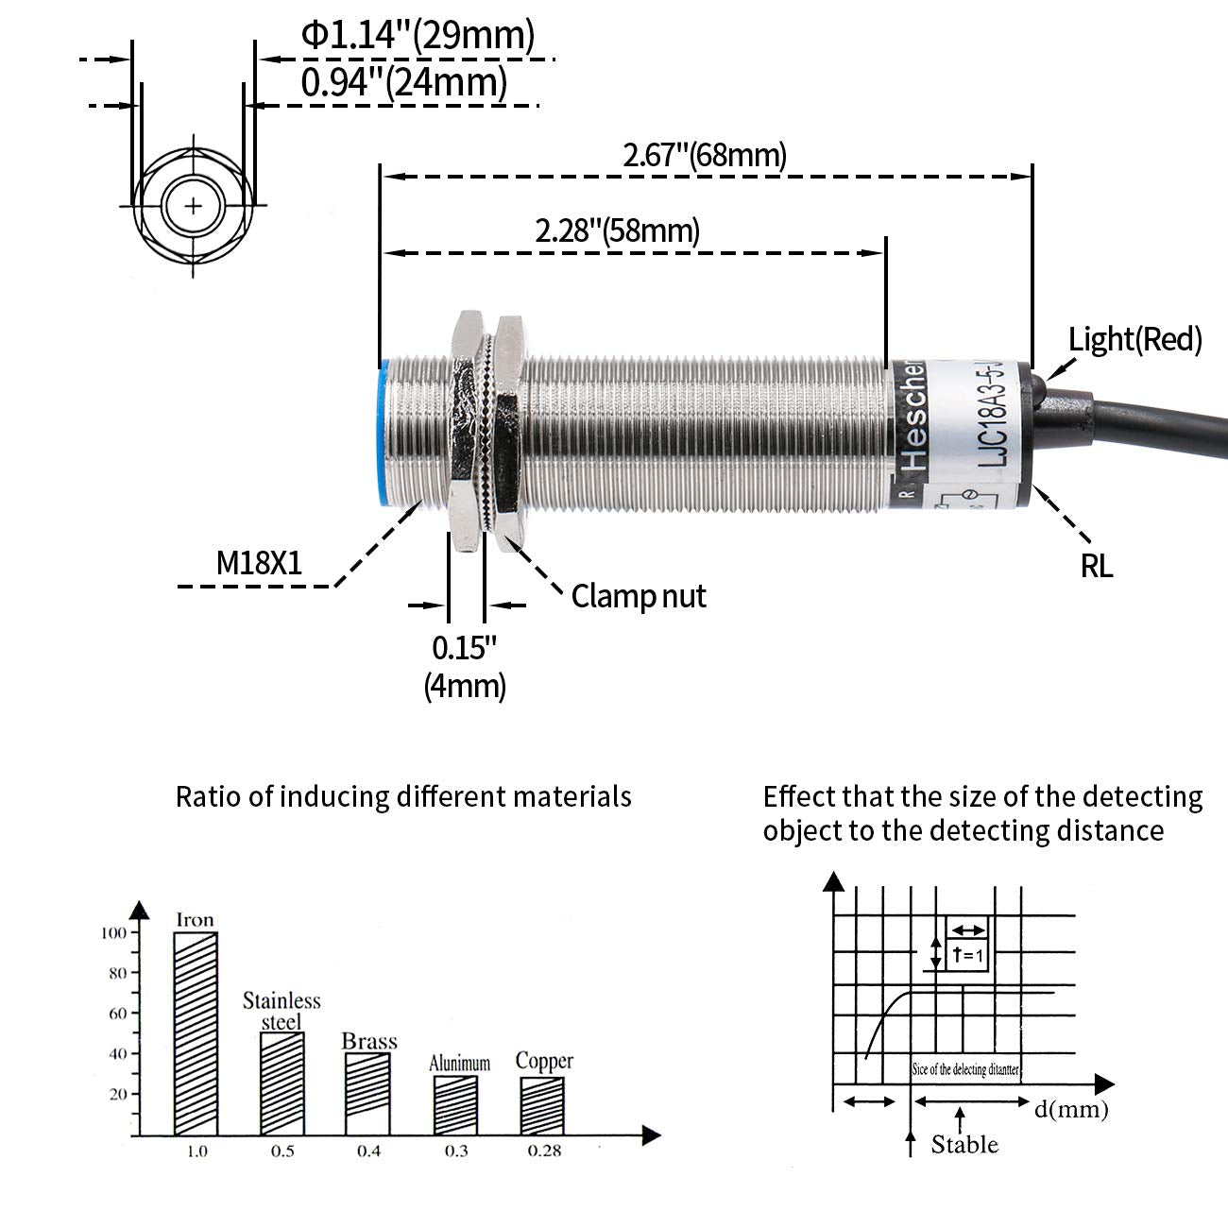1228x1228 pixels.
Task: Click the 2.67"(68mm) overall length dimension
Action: pyautogui.click(x=704, y=155)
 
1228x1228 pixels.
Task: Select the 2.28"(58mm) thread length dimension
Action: pyautogui.click(x=618, y=230)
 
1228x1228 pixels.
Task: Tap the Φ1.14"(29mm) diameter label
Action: pyautogui.click(x=418, y=36)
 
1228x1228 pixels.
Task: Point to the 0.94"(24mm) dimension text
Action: pyautogui.click(x=403, y=83)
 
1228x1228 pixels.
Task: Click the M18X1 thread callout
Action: pyautogui.click(x=259, y=564)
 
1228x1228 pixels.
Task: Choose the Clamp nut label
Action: pyautogui.click(x=639, y=596)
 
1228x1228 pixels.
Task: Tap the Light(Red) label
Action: pyautogui.click(x=1134, y=339)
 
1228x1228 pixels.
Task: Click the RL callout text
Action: pyautogui.click(x=1097, y=566)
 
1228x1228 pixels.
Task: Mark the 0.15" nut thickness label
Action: pyautogui.click(x=464, y=648)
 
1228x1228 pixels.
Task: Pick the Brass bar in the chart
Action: pyautogui.click(x=367, y=1093)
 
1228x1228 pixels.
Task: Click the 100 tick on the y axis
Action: pyautogui.click(x=112, y=933)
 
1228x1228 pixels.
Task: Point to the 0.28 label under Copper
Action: pyautogui.click(x=544, y=1151)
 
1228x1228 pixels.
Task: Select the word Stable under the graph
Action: pyautogui.click(x=964, y=1145)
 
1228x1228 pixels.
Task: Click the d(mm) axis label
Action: pyautogui.click(x=1070, y=1109)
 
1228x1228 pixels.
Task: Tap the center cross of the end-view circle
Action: pyautogui.click(x=194, y=205)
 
